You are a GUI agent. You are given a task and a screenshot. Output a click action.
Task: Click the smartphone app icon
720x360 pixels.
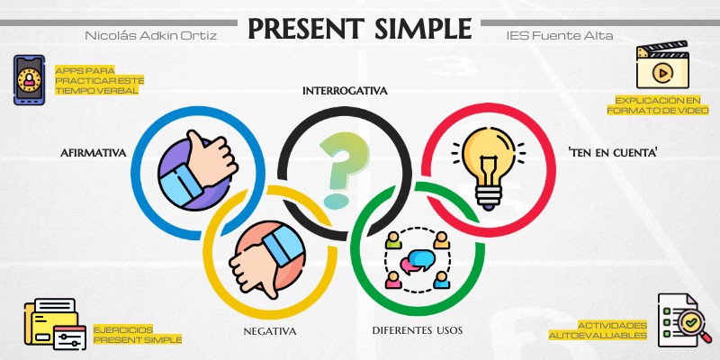point(30,80)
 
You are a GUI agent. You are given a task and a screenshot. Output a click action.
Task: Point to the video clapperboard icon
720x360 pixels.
point(661,67)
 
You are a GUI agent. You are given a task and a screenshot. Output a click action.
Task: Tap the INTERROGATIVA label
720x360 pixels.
point(345,91)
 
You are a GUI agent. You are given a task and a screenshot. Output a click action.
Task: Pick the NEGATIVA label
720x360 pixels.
point(270,330)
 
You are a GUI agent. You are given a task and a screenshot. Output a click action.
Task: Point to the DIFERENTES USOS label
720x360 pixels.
point(418,330)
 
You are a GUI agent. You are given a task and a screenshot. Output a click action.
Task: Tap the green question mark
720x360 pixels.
point(337,168)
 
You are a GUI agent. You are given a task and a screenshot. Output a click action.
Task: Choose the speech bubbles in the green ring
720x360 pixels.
point(416,262)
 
